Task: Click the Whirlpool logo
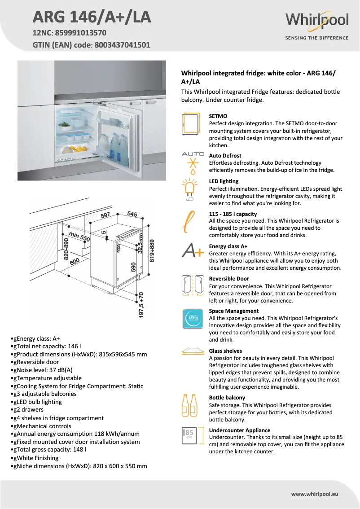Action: pos(316,21)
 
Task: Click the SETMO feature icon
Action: pos(192,123)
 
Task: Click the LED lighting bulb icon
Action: pos(190,189)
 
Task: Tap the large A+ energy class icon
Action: pos(193,250)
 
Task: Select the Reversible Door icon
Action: pos(193,286)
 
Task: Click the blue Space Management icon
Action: pos(193,318)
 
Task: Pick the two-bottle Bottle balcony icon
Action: pos(189,405)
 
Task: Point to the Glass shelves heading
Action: pos(225,351)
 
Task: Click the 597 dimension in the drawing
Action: pos(105,215)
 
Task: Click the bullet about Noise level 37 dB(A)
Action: pos(41,370)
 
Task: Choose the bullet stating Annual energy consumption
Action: pos(75,434)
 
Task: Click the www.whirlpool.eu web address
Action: pos(314,494)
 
